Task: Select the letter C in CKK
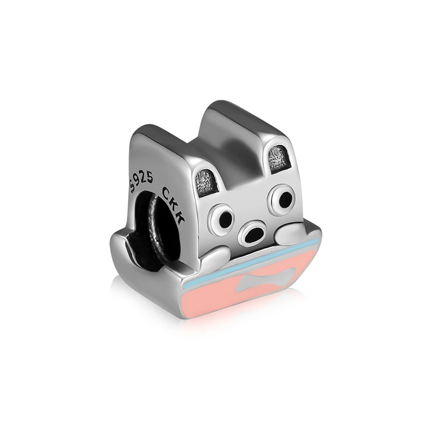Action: [167, 192]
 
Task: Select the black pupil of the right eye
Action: [285, 197]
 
